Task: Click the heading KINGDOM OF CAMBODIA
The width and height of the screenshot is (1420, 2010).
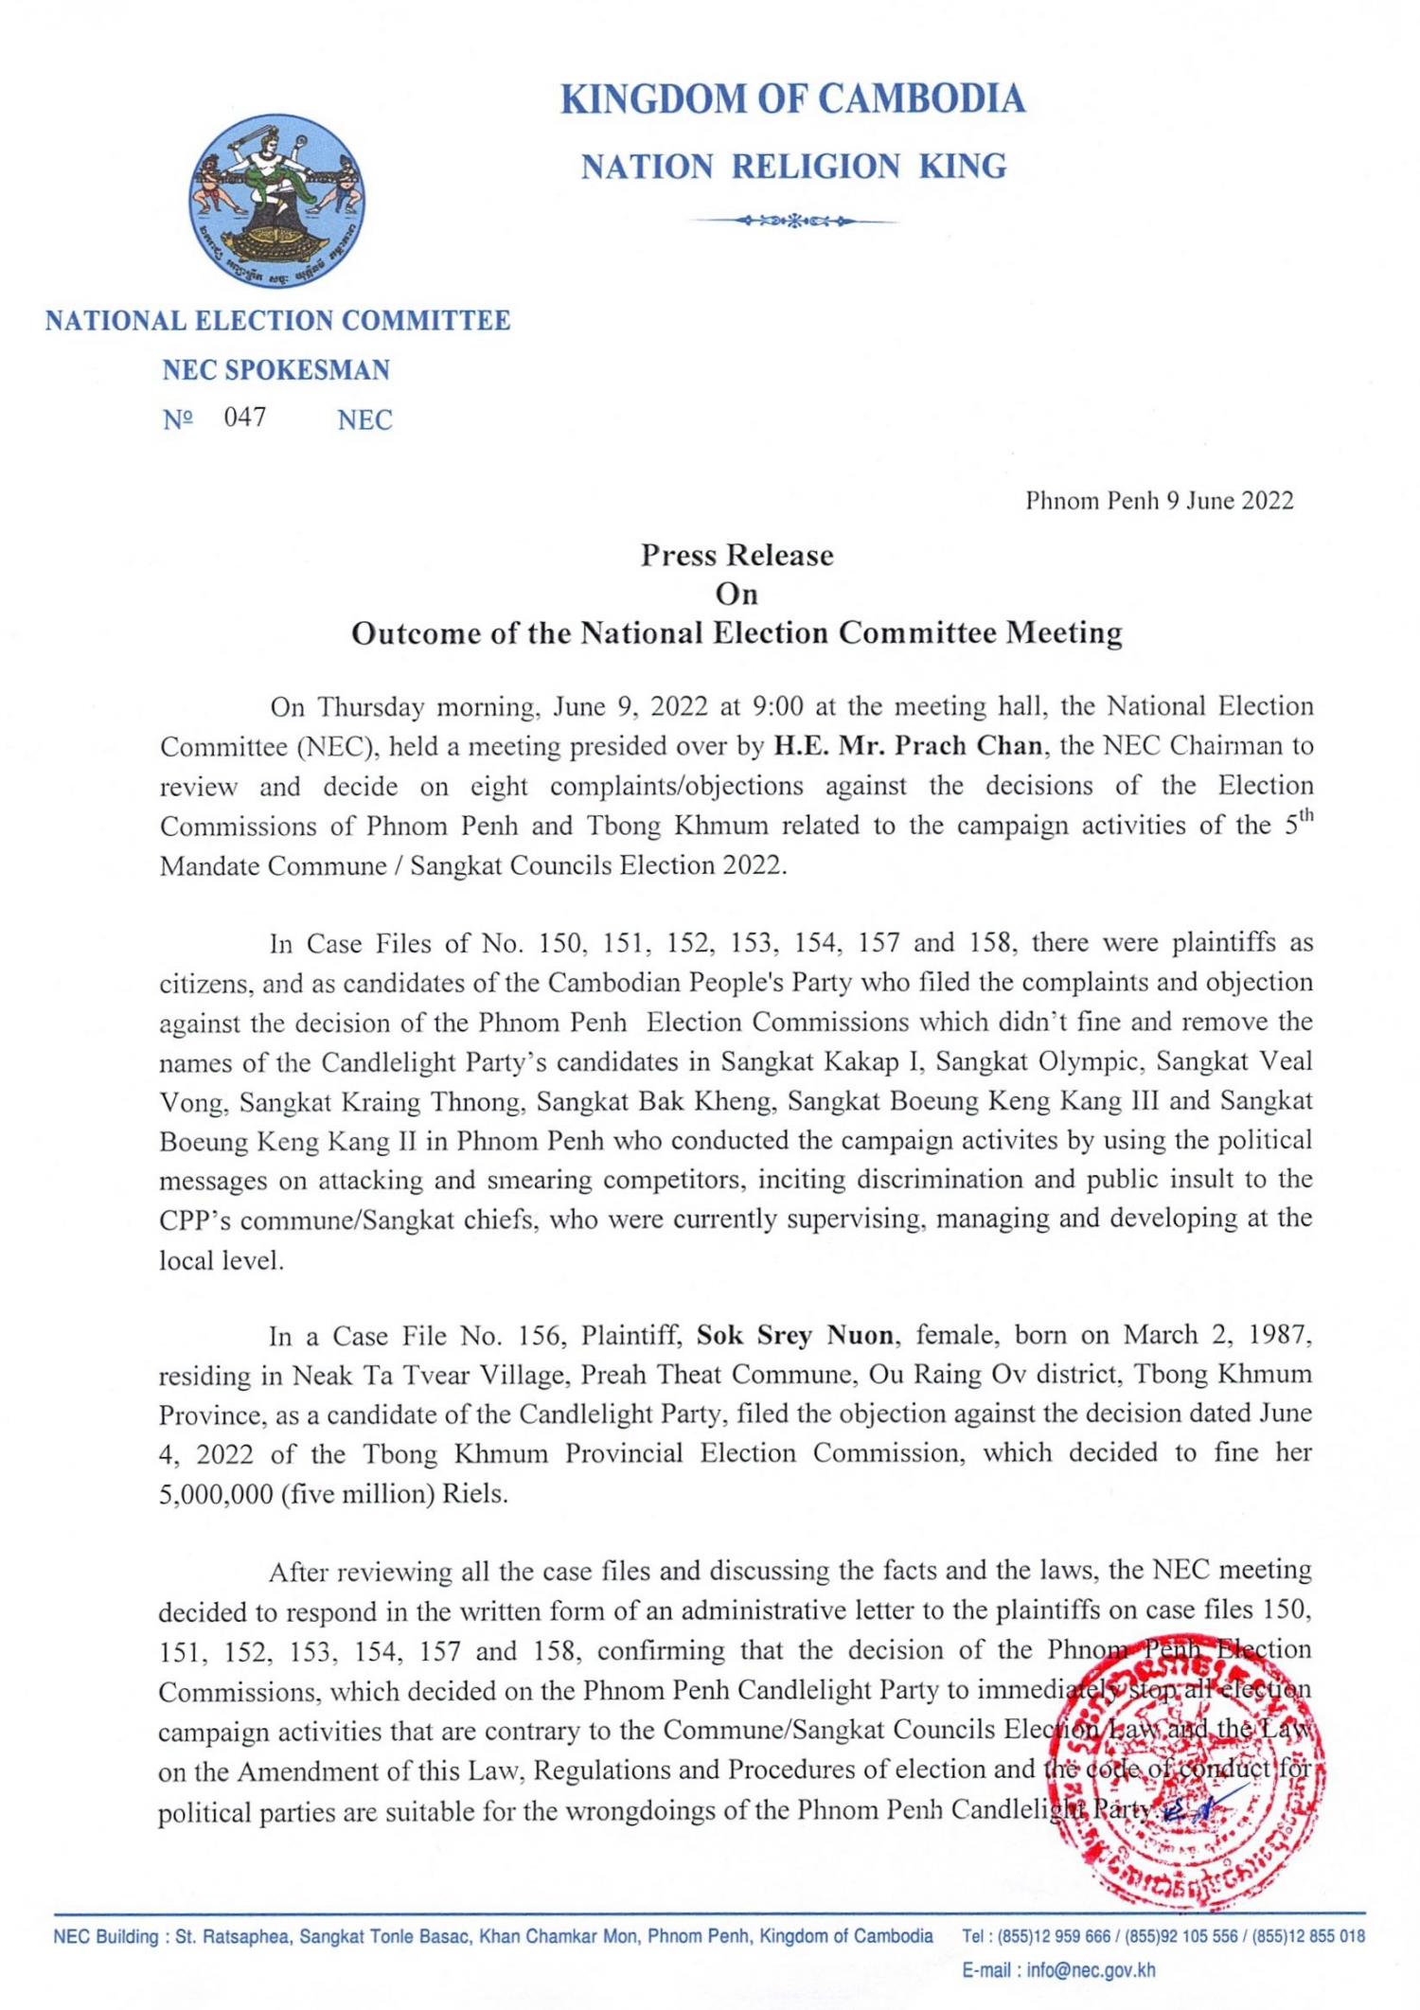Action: [792, 99]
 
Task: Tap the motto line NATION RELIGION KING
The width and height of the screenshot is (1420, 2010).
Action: [793, 167]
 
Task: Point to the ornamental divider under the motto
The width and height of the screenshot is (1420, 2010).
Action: [793, 222]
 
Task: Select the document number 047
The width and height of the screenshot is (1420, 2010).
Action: [245, 417]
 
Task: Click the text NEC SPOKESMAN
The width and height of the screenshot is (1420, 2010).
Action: [275, 369]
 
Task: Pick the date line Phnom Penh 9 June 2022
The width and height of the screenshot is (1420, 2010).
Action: [1159, 501]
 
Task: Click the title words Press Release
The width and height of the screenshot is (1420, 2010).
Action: [737, 555]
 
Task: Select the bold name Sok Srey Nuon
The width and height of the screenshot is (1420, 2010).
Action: [794, 1335]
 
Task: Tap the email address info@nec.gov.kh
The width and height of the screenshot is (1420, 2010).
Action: [1091, 1970]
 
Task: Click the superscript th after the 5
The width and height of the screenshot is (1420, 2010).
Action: [1305, 816]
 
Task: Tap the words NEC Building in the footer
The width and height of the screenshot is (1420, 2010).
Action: [104, 1936]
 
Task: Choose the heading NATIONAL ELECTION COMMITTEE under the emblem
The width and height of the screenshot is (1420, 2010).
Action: [277, 320]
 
